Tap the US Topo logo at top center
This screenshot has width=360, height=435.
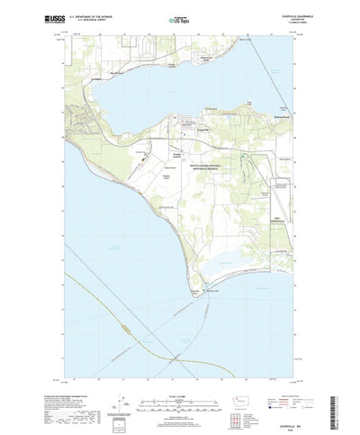(180, 17)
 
